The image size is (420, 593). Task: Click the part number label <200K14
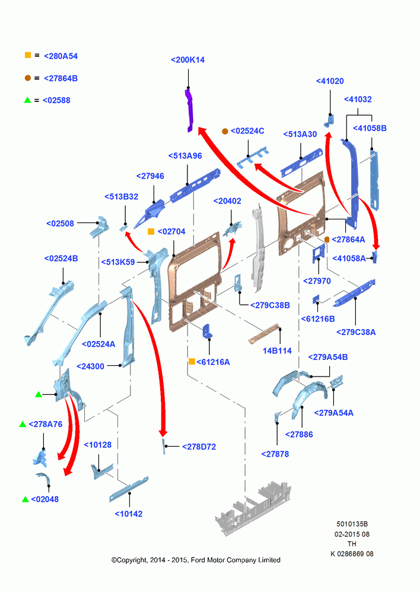click(x=187, y=60)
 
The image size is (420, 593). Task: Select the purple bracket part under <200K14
click(x=189, y=110)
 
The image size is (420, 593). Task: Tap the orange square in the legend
click(x=28, y=55)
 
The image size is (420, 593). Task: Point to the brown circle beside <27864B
click(x=28, y=78)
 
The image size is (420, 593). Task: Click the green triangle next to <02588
click(x=27, y=100)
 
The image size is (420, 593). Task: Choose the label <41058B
click(x=370, y=128)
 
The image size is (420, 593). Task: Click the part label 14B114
click(x=277, y=350)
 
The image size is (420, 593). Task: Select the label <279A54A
click(x=334, y=413)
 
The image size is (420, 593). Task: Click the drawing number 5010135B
click(x=352, y=524)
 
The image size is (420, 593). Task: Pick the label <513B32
click(x=121, y=197)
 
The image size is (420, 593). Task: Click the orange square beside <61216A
click(x=192, y=362)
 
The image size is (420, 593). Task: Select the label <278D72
click(x=199, y=447)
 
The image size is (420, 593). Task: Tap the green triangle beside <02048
click(x=26, y=499)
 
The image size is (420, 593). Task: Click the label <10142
click(x=129, y=514)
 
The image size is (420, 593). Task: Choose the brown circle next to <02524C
click(x=225, y=131)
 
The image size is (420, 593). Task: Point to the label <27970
click(x=317, y=281)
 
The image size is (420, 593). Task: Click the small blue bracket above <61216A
click(x=208, y=331)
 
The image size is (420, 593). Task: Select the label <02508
click(x=60, y=224)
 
